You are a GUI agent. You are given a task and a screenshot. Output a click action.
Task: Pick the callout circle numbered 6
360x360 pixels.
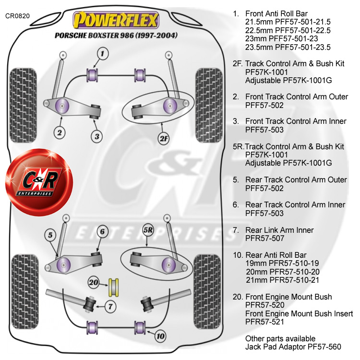pyautogui.click(x=101, y=231)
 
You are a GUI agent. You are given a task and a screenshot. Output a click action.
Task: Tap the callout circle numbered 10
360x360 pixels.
pyautogui.click(x=160, y=336)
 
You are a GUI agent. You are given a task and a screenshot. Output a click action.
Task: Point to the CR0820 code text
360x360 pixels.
pyautogui.click(x=18, y=15)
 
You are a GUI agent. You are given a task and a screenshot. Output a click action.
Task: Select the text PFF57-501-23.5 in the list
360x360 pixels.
pyautogui.click(x=288, y=47)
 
